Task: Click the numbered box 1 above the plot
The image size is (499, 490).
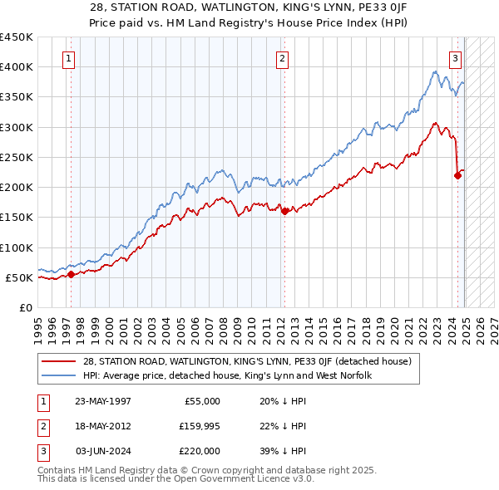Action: pos(67,58)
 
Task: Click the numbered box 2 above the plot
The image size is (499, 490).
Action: pos(283,58)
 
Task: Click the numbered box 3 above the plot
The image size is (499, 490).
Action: pos(456,58)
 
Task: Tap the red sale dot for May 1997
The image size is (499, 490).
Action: pos(71,274)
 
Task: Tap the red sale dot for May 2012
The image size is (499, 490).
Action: pos(284,211)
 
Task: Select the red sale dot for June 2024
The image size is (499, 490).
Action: pos(457,174)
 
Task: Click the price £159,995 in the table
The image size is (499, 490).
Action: pos(196,426)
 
